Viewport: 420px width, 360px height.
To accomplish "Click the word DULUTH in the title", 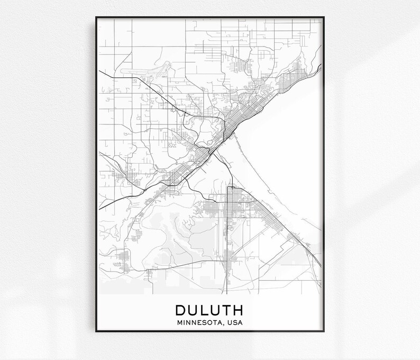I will click(x=209, y=309).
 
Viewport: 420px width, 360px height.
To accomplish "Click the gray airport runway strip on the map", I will click(x=143, y=69).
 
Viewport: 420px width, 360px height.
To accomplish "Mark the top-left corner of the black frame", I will click(x=96, y=17).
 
